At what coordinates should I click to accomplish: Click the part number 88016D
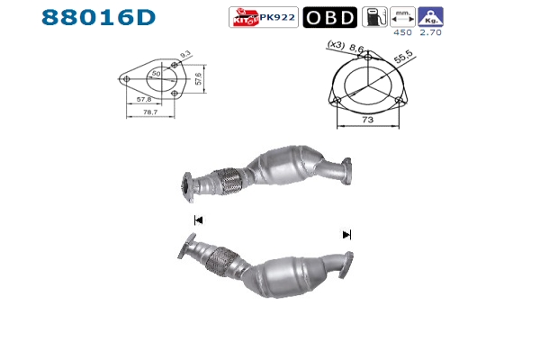[x=98, y=17]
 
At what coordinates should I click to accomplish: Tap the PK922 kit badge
[x=264, y=17]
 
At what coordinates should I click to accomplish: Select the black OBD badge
[x=330, y=17]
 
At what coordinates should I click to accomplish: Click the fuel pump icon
[x=374, y=17]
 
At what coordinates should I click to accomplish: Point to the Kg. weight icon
[x=430, y=17]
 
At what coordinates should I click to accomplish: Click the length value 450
[x=402, y=32]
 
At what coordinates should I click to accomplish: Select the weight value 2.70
[x=430, y=32]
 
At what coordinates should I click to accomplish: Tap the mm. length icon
[x=402, y=17]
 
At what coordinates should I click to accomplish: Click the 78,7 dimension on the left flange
[x=150, y=112]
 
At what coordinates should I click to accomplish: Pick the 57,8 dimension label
[x=144, y=99]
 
